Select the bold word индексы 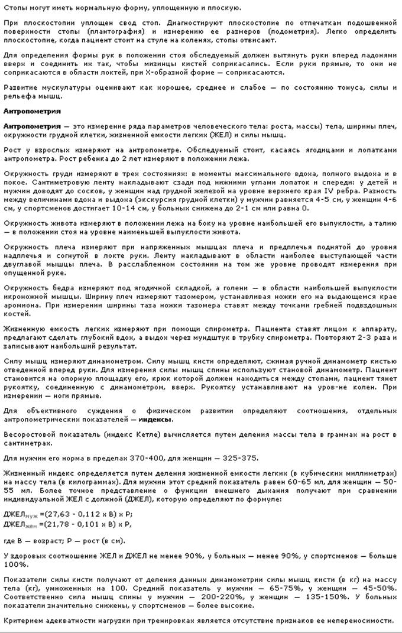pyautogui.click(x=155, y=419)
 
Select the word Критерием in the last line pyautogui.click(x=22, y=621)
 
